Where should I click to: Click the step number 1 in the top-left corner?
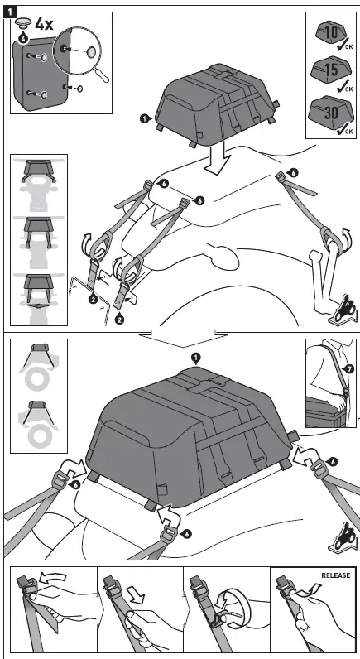click(x=7, y=7)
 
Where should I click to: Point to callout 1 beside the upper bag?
click(x=146, y=119)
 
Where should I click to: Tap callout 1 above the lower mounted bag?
click(x=195, y=357)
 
